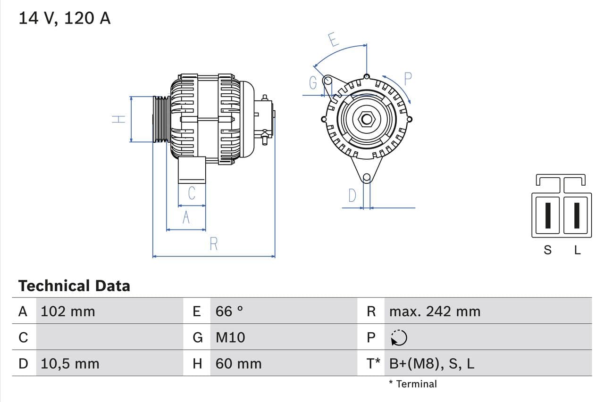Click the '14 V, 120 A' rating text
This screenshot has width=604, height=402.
[64, 18]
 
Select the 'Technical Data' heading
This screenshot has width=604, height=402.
[74, 286]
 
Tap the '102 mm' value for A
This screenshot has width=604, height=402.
[68, 312]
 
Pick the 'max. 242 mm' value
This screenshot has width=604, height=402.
[435, 312]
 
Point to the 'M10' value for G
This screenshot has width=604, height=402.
[230, 337]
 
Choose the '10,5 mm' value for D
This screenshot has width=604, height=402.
[70, 363]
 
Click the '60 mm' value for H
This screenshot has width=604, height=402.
[238, 363]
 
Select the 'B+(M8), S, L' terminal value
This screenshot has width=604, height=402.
[432, 363]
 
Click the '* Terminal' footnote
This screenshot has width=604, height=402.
[413, 384]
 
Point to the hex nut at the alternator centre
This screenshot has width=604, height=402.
[367, 119]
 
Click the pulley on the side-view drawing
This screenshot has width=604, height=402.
[160, 119]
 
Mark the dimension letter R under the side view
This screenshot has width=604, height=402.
[214, 244]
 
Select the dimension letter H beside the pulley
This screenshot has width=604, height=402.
[118, 119]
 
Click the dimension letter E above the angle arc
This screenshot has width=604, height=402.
[333, 39]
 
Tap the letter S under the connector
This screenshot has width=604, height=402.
[547, 250]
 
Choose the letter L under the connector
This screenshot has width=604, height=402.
[577, 250]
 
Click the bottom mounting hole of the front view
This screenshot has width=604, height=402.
[367, 178]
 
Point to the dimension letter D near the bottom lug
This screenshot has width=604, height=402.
[352, 195]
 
